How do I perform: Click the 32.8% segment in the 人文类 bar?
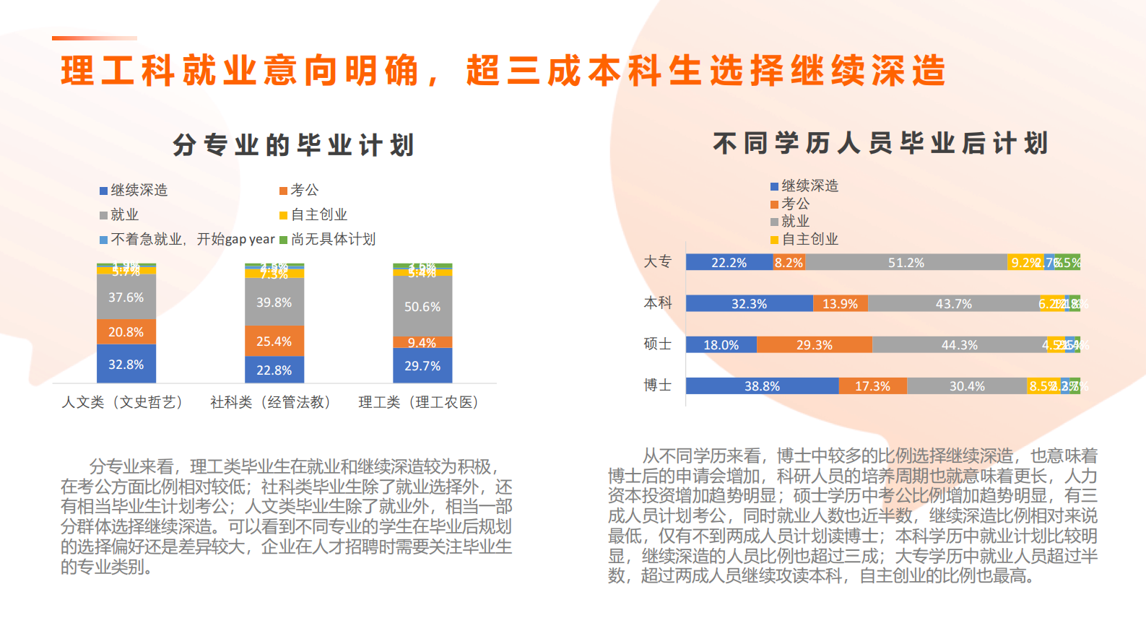click(126, 364)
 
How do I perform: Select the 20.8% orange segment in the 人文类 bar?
click(126, 332)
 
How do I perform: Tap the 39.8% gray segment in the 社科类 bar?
click(274, 303)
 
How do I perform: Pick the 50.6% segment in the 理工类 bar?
click(422, 306)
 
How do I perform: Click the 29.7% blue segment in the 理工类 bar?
click(422, 365)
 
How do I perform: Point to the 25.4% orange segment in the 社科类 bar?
click(274, 341)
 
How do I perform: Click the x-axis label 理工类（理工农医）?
click(419, 402)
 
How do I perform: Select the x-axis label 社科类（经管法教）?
click(271, 402)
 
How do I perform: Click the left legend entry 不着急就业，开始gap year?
click(187, 239)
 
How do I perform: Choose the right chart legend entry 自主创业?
click(804, 239)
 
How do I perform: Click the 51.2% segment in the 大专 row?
click(906, 262)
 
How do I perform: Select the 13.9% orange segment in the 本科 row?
click(840, 303)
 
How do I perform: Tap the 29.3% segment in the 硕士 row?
click(815, 344)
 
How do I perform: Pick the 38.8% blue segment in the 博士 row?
click(762, 386)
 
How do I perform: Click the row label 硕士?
click(657, 344)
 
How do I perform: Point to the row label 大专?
click(657, 261)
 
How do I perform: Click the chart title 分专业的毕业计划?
click(293, 145)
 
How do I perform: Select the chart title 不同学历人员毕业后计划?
click(880, 143)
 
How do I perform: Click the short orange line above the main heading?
click(94, 38)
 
